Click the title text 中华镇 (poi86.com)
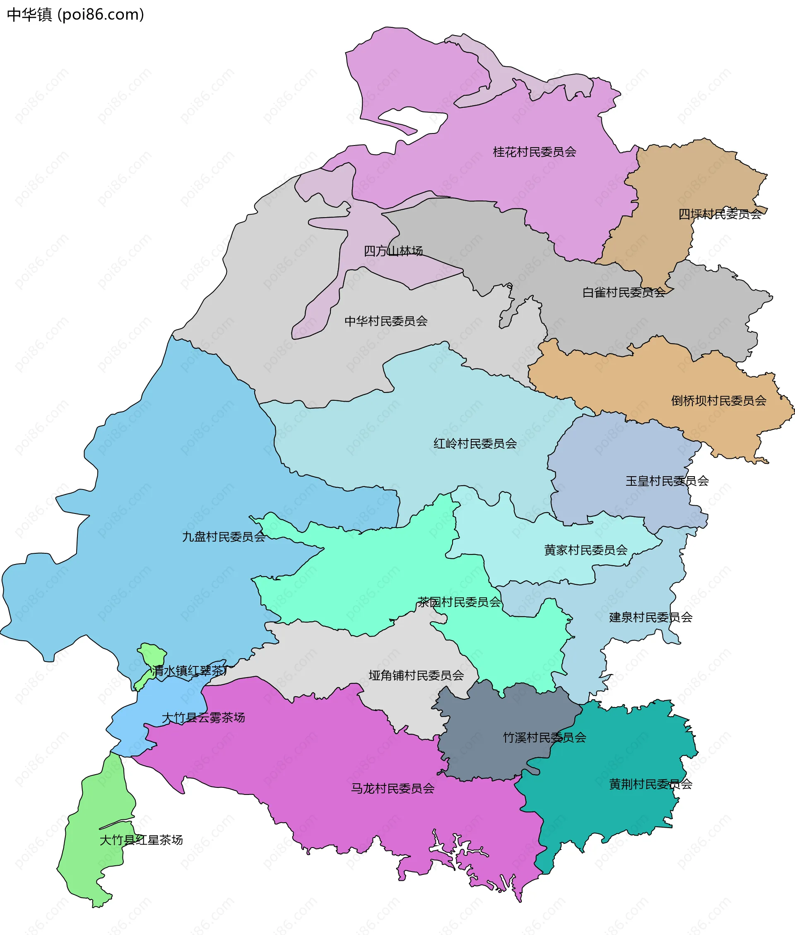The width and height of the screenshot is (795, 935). [x=75, y=15]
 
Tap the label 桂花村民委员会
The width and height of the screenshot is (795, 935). [x=535, y=152]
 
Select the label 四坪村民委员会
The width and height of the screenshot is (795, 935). [x=720, y=214]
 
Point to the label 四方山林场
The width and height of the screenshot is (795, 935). [x=393, y=251]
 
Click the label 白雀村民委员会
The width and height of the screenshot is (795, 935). [x=623, y=293]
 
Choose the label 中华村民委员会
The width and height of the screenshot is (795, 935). [x=386, y=321]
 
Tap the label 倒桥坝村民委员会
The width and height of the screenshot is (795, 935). [x=718, y=400]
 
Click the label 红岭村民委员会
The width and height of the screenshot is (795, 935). [x=475, y=444]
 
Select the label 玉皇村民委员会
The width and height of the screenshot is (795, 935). [x=667, y=481]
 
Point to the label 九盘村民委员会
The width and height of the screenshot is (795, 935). [x=224, y=537]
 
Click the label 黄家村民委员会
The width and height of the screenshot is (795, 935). [x=585, y=550]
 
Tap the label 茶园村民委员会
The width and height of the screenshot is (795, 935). [x=459, y=602]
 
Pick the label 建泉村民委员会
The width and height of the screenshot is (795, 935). [x=650, y=618]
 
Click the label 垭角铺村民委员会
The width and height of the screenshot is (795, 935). [x=416, y=675]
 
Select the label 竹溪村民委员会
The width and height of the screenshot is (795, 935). [x=544, y=737]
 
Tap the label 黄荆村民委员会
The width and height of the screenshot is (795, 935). [x=650, y=785]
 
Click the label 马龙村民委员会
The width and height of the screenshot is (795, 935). [x=393, y=788]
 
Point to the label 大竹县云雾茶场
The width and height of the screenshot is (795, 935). [x=203, y=717]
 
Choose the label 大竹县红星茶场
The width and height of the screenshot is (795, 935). [x=141, y=840]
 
